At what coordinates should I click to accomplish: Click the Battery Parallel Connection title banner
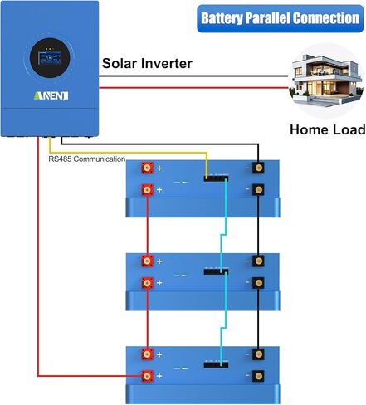pyautogui.click(x=280, y=18)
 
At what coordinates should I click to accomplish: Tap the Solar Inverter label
pyautogui.click(x=147, y=63)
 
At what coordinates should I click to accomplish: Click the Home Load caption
pyautogui.click(x=328, y=129)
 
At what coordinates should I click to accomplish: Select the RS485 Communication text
pyautogui.click(x=87, y=159)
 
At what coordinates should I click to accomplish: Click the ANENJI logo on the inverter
pyautogui.click(x=51, y=95)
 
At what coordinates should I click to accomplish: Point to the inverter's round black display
pyautogui.click(x=50, y=58)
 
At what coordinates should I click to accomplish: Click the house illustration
pyautogui.click(x=326, y=81)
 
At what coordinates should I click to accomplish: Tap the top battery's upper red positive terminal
pyautogui.click(x=147, y=168)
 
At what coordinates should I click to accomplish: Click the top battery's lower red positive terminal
pyautogui.click(x=147, y=190)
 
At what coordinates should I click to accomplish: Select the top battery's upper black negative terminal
pyautogui.click(x=258, y=168)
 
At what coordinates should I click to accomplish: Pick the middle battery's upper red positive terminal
pyautogui.click(x=147, y=261)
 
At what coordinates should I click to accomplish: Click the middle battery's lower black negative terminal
pyautogui.click(x=258, y=283)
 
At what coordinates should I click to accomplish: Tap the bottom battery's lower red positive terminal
pyautogui.click(x=147, y=376)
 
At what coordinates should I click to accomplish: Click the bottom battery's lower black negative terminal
pyautogui.click(x=258, y=376)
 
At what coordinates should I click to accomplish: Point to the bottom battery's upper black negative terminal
pyautogui.click(x=258, y=354)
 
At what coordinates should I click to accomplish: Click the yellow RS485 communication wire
pyautogui.click(x=128, y=152)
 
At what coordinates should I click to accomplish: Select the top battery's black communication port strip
pyautogui.click(x=216, y=178)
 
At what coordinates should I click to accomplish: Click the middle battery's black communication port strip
pyautogui.click(x=216, y=271)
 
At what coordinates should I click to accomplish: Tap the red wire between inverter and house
pyautogui.click(x=193, y=88)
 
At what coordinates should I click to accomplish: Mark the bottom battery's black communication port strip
pyautogui.click(x=216, y=365)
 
